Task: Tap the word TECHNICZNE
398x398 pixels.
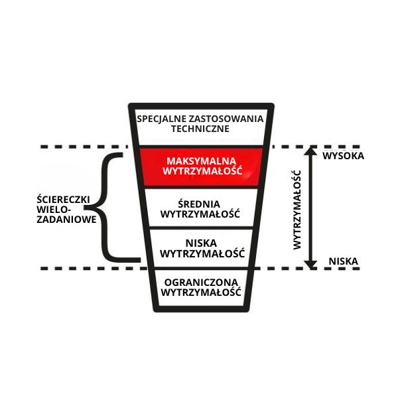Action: click(x=200, y=129)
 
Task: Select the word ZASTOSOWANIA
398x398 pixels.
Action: click(x=226, y=119)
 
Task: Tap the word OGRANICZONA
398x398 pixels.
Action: click(x=200, y=281)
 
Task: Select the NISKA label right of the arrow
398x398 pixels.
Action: click(x=343, y=261)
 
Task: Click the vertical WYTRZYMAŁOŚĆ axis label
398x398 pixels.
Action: click(x=297, y=209)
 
